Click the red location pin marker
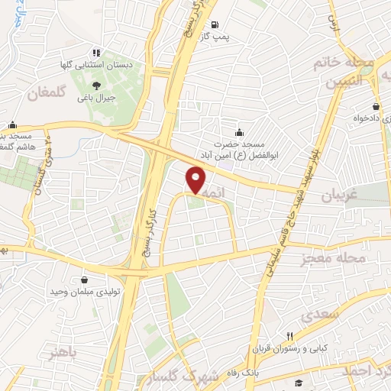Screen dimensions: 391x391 click(195, 180)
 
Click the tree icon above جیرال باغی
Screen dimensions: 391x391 click(97, 85)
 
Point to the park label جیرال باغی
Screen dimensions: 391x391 click(99, 98)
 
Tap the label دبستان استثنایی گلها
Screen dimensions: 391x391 click(97, 66)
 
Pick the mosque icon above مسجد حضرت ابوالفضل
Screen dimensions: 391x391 click(241, 131)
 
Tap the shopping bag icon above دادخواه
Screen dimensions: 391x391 click(376, 107)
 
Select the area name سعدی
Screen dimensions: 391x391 click(318, 314)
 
